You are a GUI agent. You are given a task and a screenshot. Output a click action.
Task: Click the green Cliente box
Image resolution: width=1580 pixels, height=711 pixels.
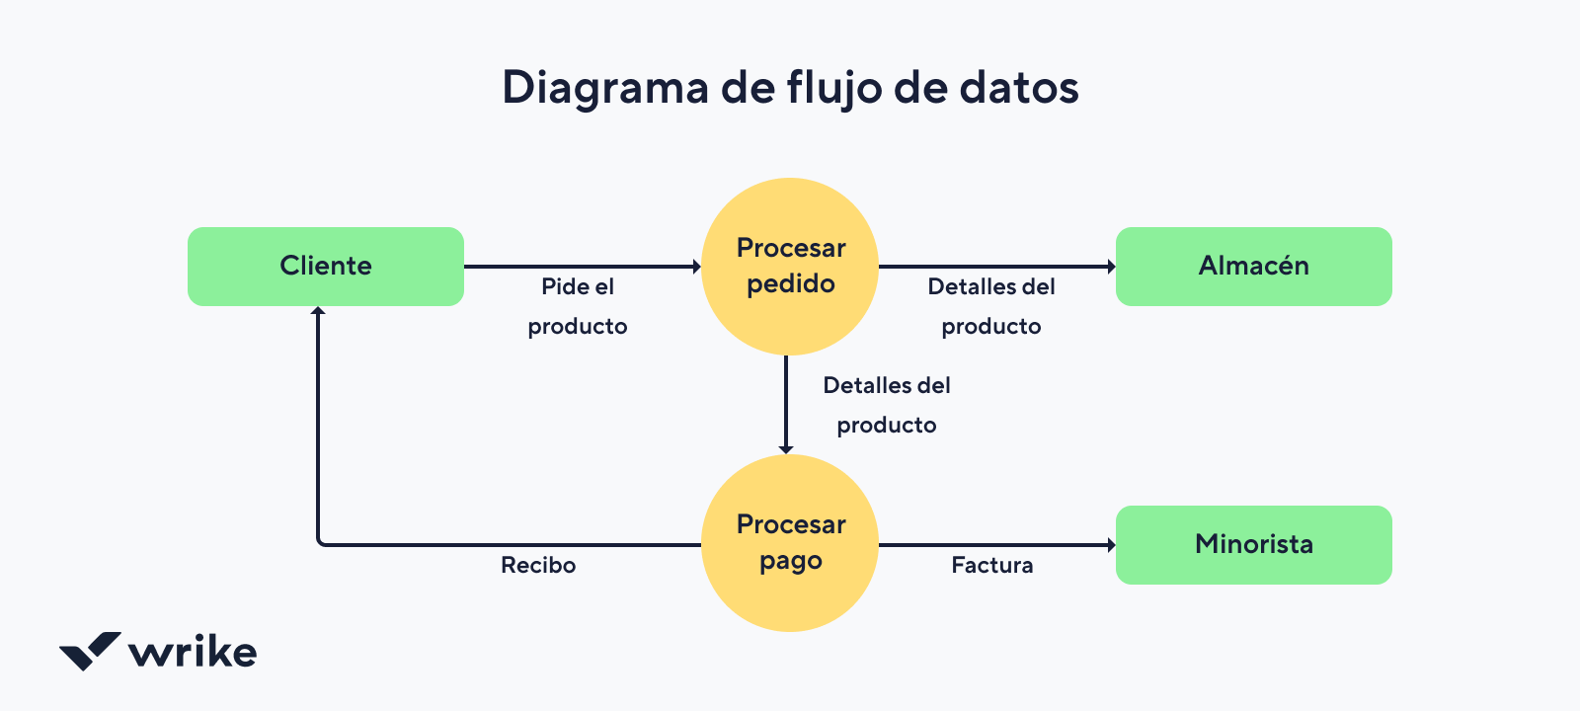[x=326, y=267]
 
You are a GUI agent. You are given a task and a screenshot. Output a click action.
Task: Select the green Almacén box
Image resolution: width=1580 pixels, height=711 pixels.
[x=1253, y=267]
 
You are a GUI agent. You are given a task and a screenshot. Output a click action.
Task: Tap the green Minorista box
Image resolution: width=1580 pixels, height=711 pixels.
[x=1253, y=545]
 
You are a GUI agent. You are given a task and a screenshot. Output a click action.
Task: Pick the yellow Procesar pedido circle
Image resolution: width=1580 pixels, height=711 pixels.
[x=790, y=267]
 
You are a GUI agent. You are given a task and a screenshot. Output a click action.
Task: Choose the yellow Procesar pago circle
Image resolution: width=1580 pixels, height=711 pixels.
[x=790, y=543]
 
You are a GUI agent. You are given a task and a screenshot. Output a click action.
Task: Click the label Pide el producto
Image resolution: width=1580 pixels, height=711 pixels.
[x=578, y=306]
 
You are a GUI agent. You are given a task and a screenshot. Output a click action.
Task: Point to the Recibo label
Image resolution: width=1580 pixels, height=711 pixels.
[x=538, y=566]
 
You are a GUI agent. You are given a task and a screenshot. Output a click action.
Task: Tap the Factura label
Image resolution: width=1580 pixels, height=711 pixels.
[x=992, y=566]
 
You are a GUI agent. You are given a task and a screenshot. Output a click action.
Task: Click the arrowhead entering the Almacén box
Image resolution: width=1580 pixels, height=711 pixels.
[x=1111, y=267]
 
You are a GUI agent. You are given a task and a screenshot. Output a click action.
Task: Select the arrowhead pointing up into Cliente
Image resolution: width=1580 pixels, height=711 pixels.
[x=318, y=312]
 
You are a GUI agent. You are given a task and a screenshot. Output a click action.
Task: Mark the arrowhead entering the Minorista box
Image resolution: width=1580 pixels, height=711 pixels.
[x=1111, y=545]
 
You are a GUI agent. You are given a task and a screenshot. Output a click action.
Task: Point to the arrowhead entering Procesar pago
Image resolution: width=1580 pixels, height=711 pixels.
[x=786, y=448]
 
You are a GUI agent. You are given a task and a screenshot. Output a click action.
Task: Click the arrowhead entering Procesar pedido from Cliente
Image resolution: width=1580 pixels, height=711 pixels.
[x=696, y=267]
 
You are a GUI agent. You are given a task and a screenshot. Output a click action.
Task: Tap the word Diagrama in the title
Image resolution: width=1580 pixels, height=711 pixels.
[x=605, y=88]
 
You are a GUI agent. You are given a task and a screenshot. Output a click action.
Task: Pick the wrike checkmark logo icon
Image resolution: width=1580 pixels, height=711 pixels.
[x=90, y=651]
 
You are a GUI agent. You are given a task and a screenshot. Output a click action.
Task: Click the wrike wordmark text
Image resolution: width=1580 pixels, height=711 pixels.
[x=194, y=653]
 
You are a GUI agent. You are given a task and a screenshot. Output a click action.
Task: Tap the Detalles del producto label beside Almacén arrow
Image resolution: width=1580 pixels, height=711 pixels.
[x=991, y=306]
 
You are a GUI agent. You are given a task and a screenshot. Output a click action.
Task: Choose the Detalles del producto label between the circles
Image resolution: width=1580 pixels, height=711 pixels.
[x=887, y=405]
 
